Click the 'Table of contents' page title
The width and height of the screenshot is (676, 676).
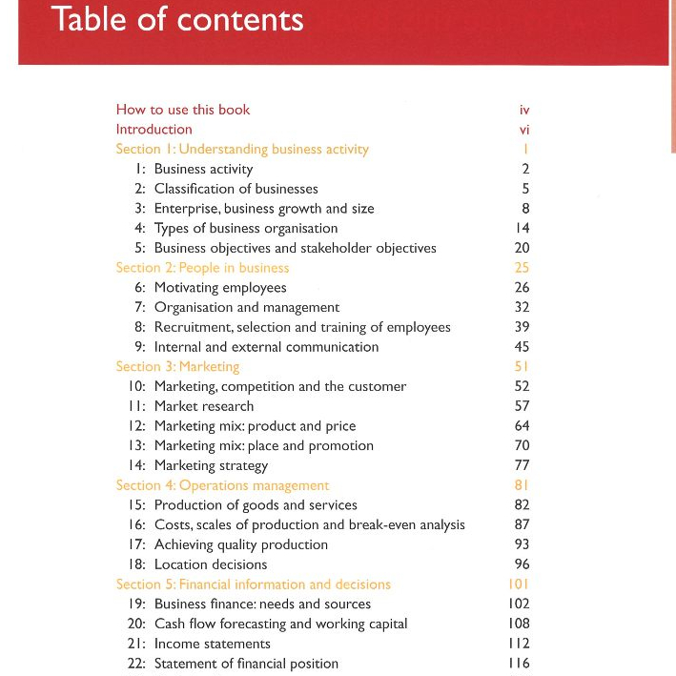coord(178,20)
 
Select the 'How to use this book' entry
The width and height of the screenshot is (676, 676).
coord(183,110)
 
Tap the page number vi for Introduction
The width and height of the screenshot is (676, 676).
coord(524,130)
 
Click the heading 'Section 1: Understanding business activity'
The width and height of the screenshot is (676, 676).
coord(242,149)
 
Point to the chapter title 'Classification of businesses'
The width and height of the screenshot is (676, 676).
coord(236,189)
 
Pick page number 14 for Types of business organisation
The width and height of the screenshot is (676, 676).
coord(522,229)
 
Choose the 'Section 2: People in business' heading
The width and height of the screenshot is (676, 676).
coord(202,268)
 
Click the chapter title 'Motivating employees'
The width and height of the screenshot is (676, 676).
coord(220,288)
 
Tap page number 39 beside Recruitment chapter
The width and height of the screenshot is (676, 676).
coord(522,327)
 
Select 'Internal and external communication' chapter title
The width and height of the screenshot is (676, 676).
coord(266,347)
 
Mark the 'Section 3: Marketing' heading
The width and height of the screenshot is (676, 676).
coord(177,366)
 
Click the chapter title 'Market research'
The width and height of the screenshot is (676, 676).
coord(204,406)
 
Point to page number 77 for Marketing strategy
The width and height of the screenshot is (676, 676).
coord(522,466)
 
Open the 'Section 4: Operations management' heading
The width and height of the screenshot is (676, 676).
coord(222,485)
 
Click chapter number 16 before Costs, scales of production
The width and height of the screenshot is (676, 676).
coord(136,525)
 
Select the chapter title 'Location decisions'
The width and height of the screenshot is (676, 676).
coord(211,564)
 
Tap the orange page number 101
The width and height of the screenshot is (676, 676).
coord(519,584)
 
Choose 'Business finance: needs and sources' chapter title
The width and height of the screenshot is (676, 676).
coord(262,604)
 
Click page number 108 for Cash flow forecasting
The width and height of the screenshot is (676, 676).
coord(519,624)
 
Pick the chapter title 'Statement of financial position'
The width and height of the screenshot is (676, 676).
coord(246,664)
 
